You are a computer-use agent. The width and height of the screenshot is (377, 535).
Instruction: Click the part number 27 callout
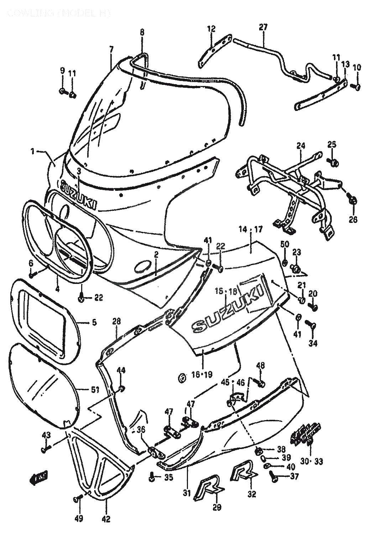[x=263, y=27]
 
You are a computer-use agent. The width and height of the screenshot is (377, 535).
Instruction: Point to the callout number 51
[x=95, y=389]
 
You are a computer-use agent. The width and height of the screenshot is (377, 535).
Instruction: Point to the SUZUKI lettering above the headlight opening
[x=79, y=194]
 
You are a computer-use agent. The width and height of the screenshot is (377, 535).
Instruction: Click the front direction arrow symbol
[x=39, y=477]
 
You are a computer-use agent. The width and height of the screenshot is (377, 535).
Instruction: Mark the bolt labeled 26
[x=353, y=200]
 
